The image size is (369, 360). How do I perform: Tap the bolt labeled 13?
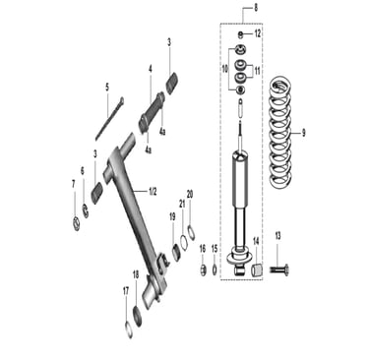[x=279, y=270]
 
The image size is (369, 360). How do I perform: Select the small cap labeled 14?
[x=258, y=270]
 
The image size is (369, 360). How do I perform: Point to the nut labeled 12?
[x=240, y=33]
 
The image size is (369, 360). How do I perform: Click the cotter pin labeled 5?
[x=109, y=118]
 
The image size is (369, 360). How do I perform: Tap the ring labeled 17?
[x=129, y=330]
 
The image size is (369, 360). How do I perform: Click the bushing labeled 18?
[x=137, y=316]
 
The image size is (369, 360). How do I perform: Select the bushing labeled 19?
[x=176, y=253]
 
